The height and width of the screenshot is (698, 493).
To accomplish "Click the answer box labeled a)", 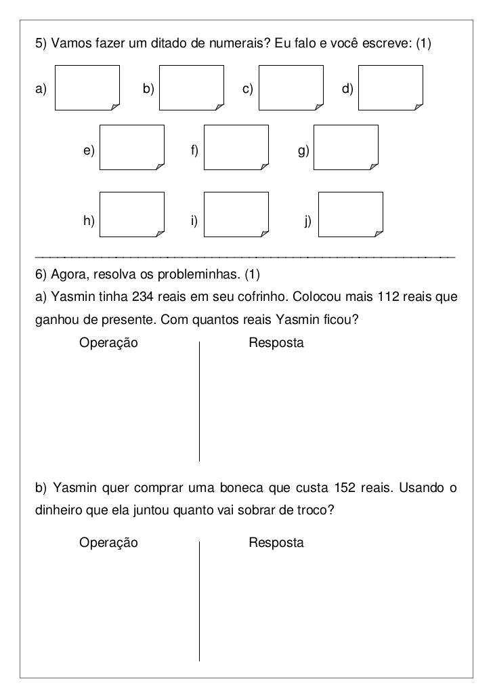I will pyautogui.click(x=87, y=87).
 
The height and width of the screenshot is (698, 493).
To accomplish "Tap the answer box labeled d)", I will pyautogui.click(x=390, y=87).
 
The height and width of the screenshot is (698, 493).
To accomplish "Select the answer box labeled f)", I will pyautogui.click(x=236, y=147).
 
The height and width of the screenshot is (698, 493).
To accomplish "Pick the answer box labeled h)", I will pyautogui.click(x=132, y=214).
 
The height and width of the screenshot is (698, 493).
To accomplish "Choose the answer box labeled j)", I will pyautogui.click(x=350, y=214).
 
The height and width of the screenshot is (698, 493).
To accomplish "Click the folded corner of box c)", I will pyautogui.click(x=318, y=105).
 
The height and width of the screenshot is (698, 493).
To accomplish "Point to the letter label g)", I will pyautogui.click(x=303, y=150).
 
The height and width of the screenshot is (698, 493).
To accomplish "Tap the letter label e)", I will pyautogui.click(x=89, y=150).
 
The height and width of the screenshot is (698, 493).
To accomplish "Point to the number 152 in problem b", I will pyautogui.click(x=345, y=489).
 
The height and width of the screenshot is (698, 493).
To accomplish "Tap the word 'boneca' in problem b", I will pyautogui.click(x=272, y=489).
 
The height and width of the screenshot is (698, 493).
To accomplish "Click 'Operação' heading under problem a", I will pyautogui.click(x=108, y=343).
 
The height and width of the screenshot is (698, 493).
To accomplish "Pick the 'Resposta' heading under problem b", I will pyautogui.click(x=276, y=543).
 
